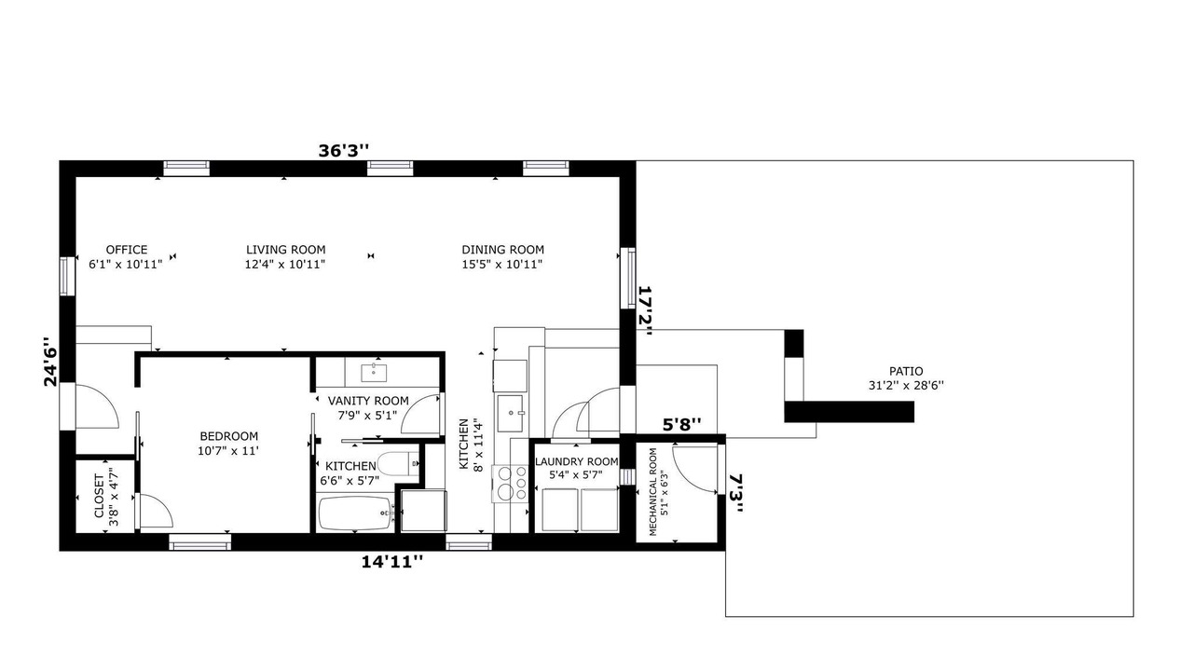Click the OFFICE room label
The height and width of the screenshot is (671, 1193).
click(x=127, y=250)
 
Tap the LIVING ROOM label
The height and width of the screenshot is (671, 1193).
click(x=285, y=250)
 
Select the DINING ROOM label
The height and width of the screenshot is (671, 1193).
click(x=502, y=250)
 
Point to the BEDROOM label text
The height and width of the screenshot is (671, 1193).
click(x=229, y=436)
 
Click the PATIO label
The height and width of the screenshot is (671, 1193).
click(x=906, y=371)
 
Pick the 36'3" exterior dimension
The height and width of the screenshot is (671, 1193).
click(x=344, y=151)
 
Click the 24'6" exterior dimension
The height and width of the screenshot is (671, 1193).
click(x=50, y=362)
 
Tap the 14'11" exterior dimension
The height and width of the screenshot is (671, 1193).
click(x=393, y=562)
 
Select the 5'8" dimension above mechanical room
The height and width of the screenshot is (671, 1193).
click(x=681, y=424)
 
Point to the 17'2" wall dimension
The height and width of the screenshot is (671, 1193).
click(x=646, y=311)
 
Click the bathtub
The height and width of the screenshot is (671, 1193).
click(x=355, y=514)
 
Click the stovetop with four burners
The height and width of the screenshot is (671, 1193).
click(x=510, y=484)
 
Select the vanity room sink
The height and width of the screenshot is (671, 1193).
click(x=374, y=373)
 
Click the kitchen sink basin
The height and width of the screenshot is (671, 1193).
click(x=510, y=413)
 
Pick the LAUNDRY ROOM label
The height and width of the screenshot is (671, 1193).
click(x=576, y=461)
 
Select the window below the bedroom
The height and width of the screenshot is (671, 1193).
click(x=199, y=542)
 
